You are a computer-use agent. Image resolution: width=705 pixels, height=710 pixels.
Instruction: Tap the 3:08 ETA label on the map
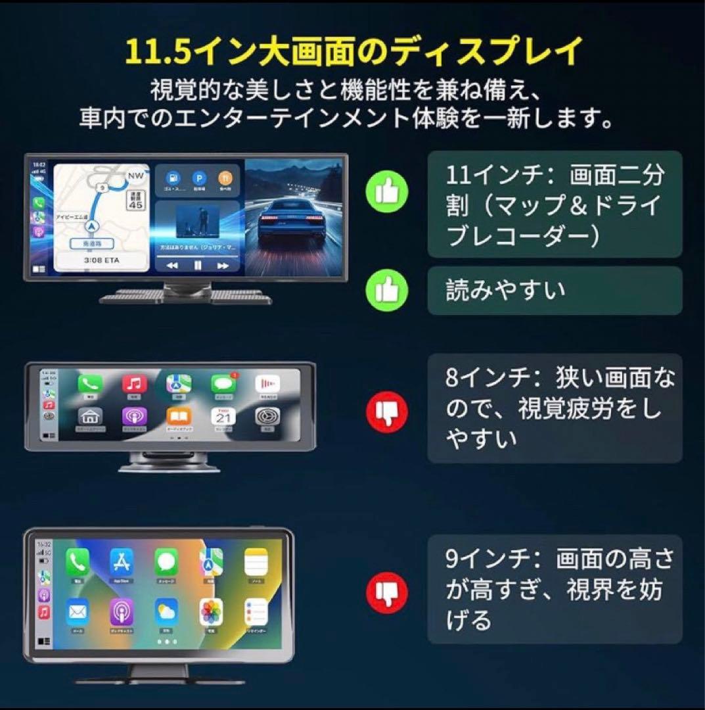coord(101,260)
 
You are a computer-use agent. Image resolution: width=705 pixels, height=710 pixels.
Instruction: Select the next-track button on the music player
coord(223,265)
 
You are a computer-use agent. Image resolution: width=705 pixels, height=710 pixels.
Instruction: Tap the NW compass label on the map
coord(136,176)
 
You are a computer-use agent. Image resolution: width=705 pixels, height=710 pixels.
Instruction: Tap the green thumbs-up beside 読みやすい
coord(387,290)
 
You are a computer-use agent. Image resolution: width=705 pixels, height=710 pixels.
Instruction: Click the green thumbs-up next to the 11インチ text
coord(387,191)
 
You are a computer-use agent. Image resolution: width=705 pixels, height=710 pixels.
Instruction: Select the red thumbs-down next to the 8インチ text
coord(387,412)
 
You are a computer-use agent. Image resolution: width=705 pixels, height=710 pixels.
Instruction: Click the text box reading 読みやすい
coord(555,290)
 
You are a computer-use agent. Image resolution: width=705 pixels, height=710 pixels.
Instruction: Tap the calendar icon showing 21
coord(223,417)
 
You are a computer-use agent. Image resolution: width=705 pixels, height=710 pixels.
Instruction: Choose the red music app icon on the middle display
coord(135,383)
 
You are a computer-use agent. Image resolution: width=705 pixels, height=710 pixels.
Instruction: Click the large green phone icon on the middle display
coord(90,383)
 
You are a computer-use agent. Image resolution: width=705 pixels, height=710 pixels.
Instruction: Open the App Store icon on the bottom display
coord(122,561)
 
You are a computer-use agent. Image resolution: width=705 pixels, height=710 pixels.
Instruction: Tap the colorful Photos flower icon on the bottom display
coord(211,612)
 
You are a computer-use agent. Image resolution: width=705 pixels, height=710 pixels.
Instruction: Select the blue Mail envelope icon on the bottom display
coord(78,612)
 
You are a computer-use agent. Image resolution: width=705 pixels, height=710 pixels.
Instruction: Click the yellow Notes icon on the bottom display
coord(256,561)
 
